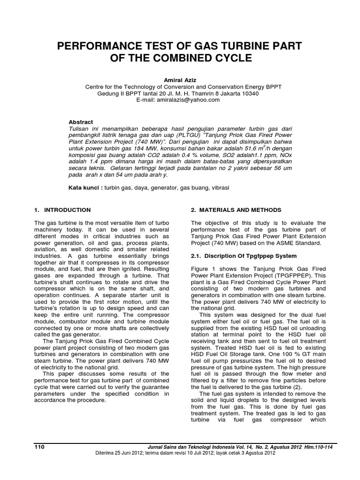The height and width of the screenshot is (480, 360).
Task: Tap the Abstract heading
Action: [x=81, y=122]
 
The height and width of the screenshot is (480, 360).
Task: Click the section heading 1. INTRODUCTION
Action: [x=63, y=210]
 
